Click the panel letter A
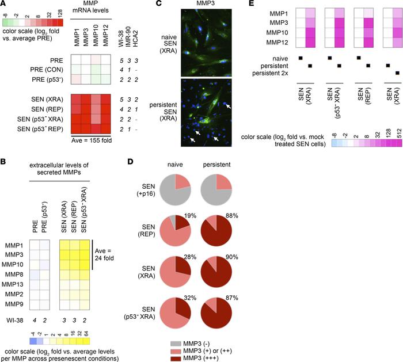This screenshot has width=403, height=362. pyautogui.click(x=4, y=5)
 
